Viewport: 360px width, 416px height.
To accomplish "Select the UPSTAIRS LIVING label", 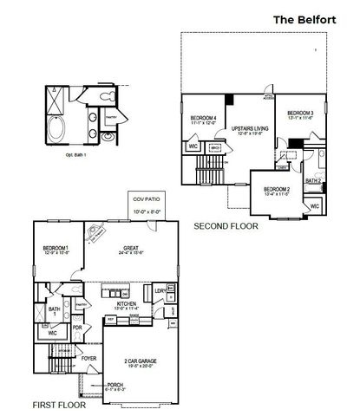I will [x=247, y=130].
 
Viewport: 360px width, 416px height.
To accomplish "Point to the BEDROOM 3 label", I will [x=299, y=113].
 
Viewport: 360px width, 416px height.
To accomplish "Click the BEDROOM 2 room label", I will [x=276, y=188].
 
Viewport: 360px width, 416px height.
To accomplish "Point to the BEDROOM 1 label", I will [x=56, y=249].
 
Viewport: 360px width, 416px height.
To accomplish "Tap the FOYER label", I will [x=89, y=356].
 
